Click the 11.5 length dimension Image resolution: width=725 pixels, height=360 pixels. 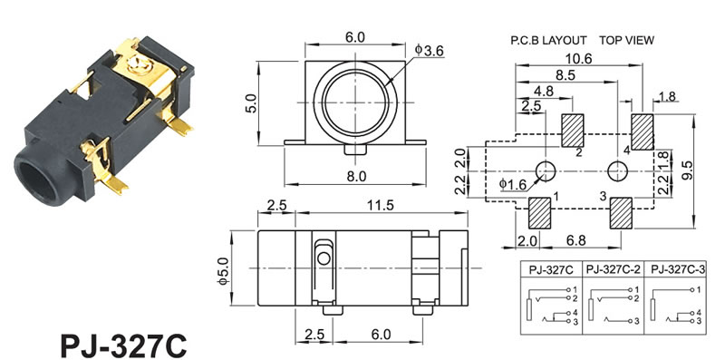381,206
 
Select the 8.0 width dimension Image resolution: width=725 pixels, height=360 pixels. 355,176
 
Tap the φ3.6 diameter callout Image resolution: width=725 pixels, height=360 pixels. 429,51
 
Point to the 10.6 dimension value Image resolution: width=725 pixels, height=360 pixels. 579,59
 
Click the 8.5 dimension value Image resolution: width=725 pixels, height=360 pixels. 565,75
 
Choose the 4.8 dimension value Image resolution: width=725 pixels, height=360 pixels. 543,92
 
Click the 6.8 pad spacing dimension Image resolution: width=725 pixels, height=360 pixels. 575,241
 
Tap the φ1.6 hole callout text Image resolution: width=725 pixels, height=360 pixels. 513,184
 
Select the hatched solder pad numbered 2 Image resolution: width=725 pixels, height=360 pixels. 573,131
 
